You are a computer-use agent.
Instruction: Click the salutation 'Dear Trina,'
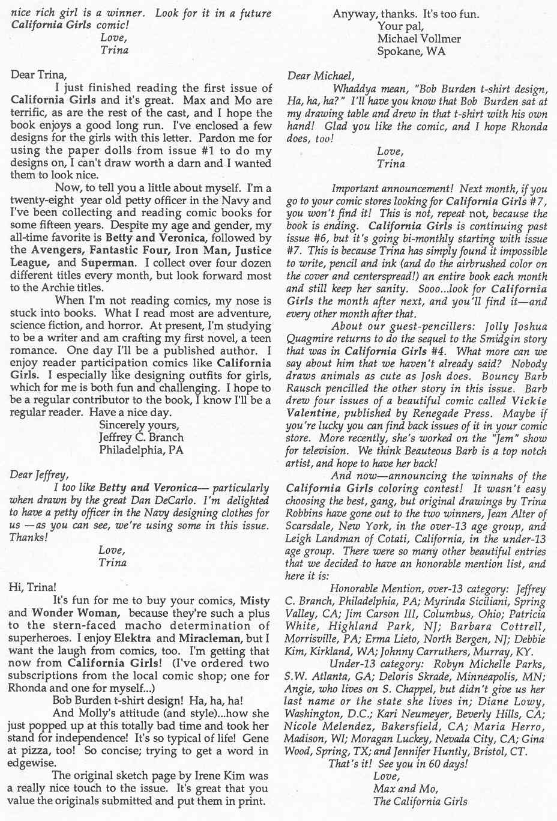tap(38, 75)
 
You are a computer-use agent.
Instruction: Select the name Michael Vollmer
tap(419, 38)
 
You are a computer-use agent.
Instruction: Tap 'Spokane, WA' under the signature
tap(411, 52)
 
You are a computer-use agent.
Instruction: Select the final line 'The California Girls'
tap(420, 801)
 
